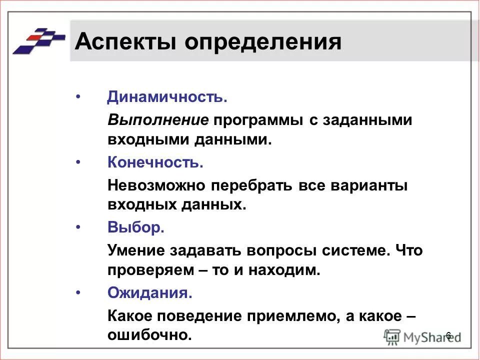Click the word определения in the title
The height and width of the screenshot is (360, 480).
[x=263, y=42]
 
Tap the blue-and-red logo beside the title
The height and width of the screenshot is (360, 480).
[x=38, y=40]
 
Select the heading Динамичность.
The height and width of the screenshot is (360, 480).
[x=167, y=97]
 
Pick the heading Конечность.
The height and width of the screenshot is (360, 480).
[x=155, y=162]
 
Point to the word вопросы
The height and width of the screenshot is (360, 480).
[x=289, y=250]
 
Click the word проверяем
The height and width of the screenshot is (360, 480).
[x=150, y=270]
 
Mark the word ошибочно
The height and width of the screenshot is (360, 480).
[x=149, y=335]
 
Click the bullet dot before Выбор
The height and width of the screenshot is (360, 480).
[x=77, y=227]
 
